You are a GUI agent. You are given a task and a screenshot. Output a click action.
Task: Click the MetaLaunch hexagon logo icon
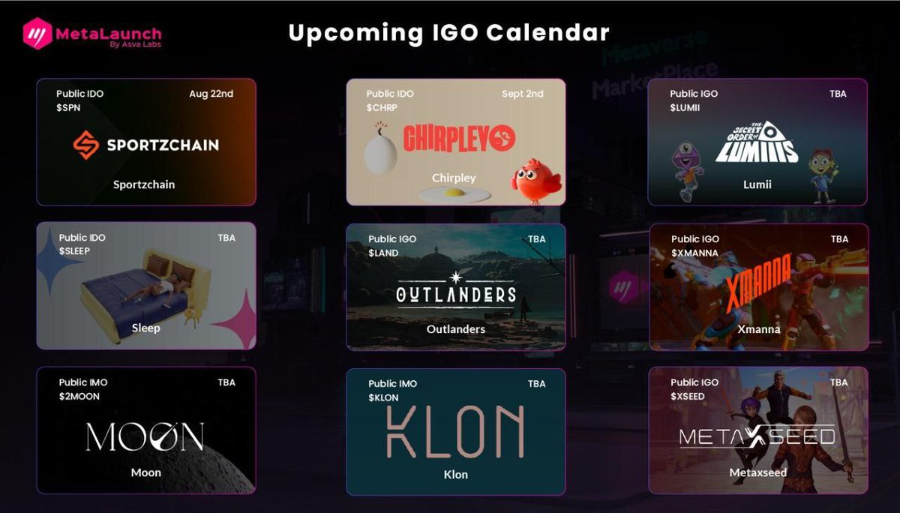pyautogui.click(x=37, y=33)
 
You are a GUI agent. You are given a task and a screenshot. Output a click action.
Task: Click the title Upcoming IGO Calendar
pyautogui.click(x=448, y=33)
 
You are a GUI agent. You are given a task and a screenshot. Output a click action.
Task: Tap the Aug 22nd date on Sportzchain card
pyautogui.click(x=211, y=94)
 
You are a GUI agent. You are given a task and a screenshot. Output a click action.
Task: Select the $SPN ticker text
pyautogui.click(x=68, y=107)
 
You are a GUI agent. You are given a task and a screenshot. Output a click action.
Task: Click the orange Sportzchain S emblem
pyautogui.click(x=86, y=145)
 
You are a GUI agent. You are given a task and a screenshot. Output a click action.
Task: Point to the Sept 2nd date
pyautogui.click(x=523, y=94)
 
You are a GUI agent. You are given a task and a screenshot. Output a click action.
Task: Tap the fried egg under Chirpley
pyautogui.click(x=454, y=193)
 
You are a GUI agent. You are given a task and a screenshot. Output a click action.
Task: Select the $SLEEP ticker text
pyautogui.click(x=74, y=251)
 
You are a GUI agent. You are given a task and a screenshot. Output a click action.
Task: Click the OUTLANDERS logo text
pyautogui.click(x=456, y=294)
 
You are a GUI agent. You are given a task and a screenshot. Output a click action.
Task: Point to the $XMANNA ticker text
pyautogui.click(x=694, y=253)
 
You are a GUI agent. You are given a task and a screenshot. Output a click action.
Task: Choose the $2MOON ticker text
pyautogui.click(x=79, y=396)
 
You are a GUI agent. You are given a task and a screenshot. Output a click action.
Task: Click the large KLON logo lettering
pyautogui.click(x=455, y=433)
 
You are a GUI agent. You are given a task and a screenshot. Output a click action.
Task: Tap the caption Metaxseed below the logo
pyautogui.click(x=757, y=472)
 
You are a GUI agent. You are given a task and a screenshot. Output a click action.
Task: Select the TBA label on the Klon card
pyautogui.click(x=536, y=383)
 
